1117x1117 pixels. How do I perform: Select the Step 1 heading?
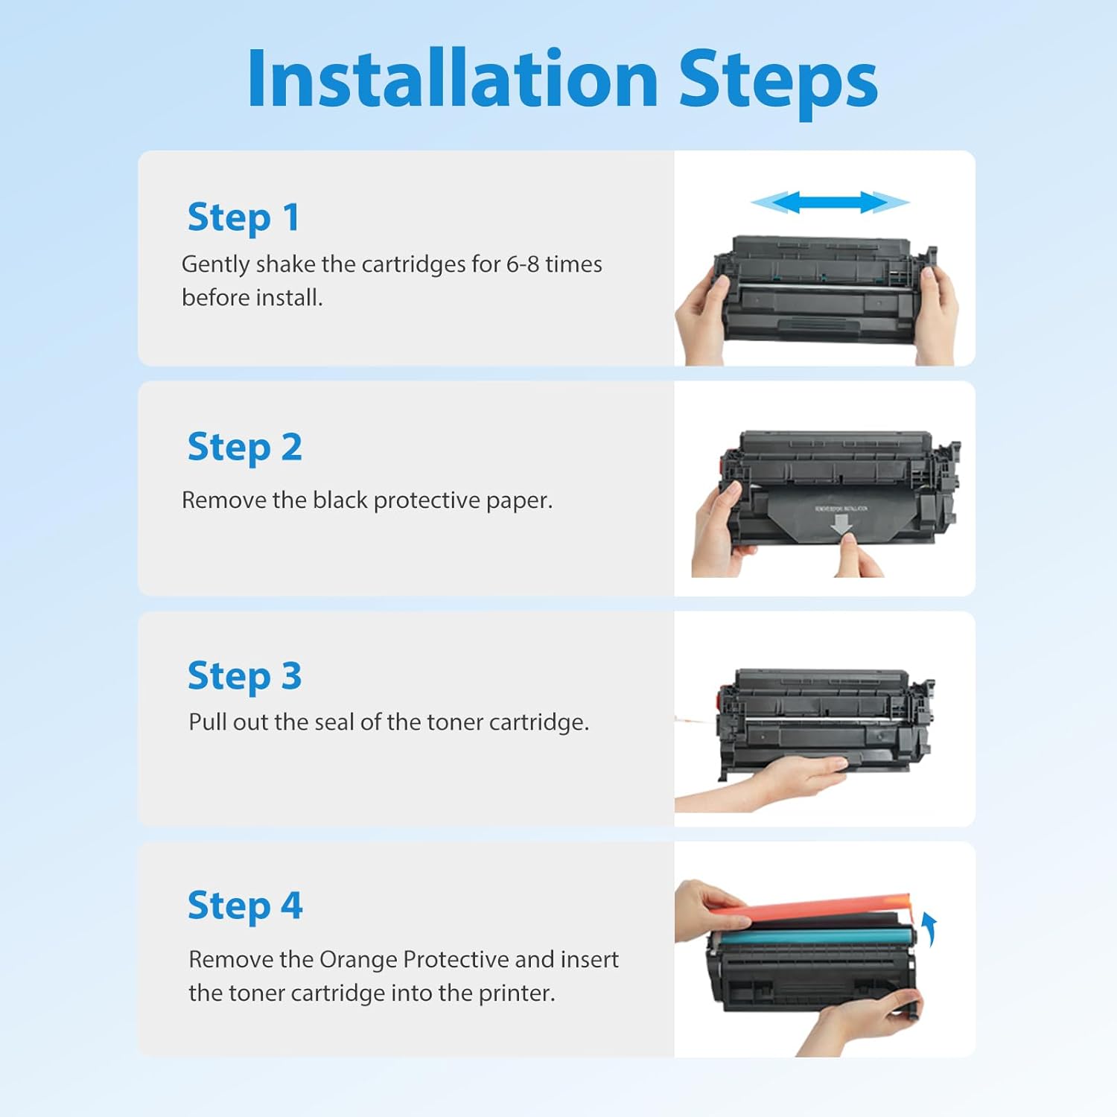244,217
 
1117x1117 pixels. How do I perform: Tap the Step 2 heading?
244,448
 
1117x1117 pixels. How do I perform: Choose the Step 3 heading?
244,677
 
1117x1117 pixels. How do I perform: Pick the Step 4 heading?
244,906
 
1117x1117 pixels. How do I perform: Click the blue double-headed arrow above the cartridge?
830,202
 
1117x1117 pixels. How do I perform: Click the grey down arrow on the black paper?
841,524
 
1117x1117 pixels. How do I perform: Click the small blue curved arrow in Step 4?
929,929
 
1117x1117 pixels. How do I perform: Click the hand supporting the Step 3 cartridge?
782,782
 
